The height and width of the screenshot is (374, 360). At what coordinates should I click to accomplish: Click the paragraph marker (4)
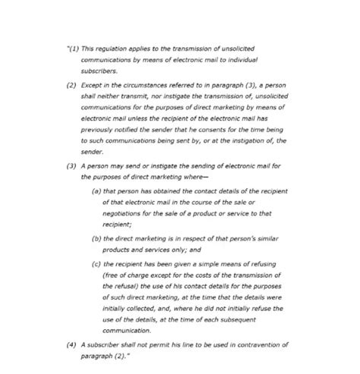pos(71,344)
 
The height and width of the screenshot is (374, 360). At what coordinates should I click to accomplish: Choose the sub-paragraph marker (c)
pos(96,262)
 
